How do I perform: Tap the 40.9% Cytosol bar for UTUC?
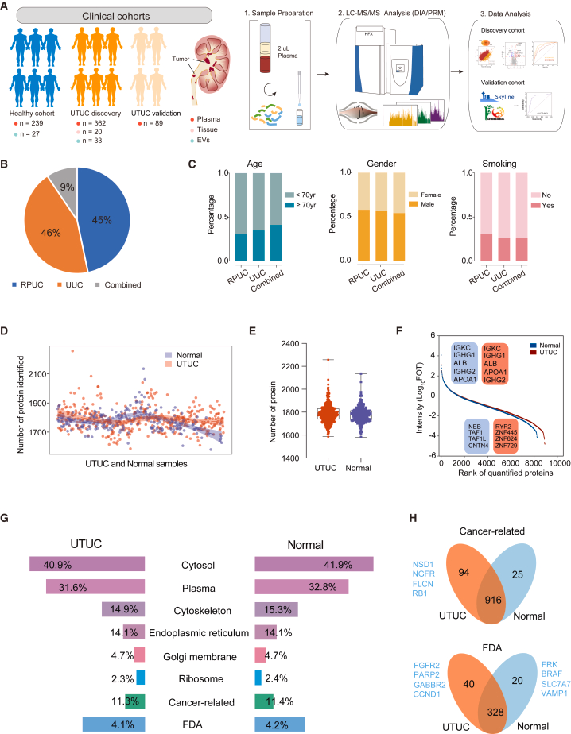pyautogui.click(x=87, y=563)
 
